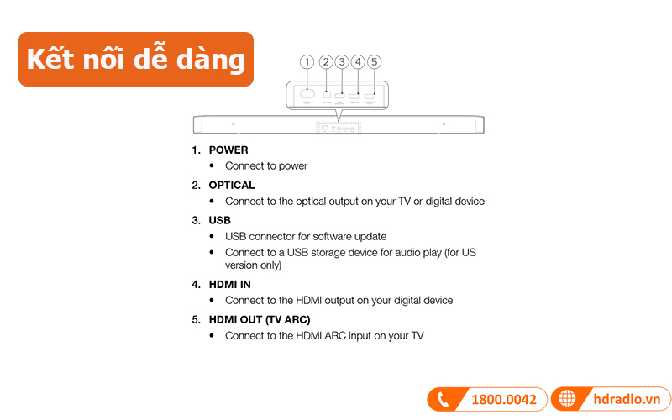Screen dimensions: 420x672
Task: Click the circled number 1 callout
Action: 307,61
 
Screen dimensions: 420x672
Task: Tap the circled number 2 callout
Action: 325,61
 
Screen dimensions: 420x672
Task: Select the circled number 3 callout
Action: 341,61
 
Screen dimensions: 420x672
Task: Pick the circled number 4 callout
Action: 358,61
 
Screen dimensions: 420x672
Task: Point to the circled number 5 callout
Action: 374,61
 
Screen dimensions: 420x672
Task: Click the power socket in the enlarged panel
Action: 308,93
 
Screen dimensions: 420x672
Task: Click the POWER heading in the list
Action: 228,150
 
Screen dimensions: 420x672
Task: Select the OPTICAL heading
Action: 232,185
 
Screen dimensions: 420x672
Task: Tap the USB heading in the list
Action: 220,220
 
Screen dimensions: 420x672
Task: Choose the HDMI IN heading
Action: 230,285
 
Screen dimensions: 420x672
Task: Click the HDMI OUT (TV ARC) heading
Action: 260,320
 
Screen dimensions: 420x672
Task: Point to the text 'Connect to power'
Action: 266,166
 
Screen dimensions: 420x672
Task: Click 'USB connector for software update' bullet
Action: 306,237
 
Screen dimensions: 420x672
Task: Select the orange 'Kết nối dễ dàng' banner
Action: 135,60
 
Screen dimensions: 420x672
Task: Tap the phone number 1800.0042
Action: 503,400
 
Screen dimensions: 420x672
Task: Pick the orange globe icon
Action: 568,400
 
